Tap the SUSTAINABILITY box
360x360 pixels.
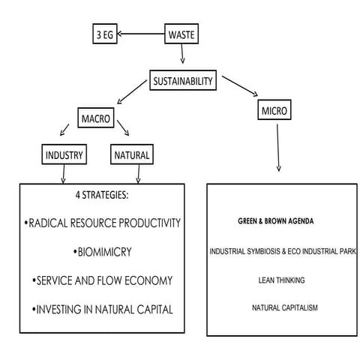point(183,80)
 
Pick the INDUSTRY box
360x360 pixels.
point(64,156)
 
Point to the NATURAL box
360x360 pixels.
point(133,156)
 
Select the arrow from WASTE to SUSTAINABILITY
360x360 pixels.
point(181,56)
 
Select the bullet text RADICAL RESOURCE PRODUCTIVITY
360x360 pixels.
point(103,223)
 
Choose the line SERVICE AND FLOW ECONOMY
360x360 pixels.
point(103,280)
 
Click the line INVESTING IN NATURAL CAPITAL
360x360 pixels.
point(103,309)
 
